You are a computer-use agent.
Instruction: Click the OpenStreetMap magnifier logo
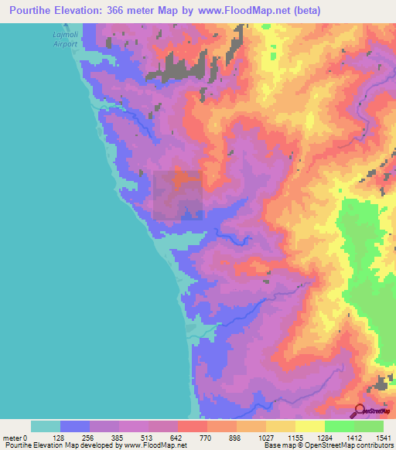click(360, 410)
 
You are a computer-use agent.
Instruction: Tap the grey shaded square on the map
click(178, 196)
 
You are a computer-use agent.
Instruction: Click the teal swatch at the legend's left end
click(46, 426)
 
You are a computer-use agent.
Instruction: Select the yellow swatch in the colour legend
click(309, 426)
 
